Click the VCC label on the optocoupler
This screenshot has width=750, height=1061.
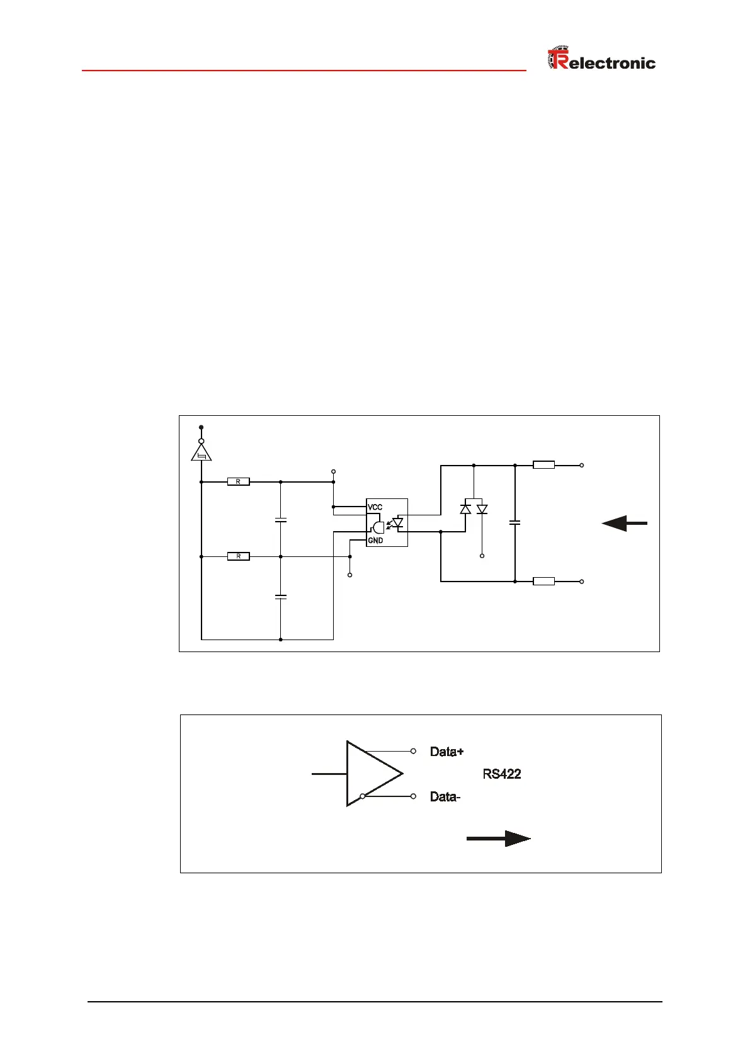pyautogui.click(x=375, y=507)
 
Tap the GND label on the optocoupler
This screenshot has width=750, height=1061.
pyautogui.click(x=375, y=541)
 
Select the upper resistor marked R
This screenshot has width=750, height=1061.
pyautogui.click(x=238, y=482)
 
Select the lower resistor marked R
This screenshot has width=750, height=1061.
pyautogui.click(x=238, y=556)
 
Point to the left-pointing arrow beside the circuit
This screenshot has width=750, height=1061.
pyautogui.click(x=624, y=524)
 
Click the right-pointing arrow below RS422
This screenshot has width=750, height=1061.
pyautogui.click(x=499, y=839)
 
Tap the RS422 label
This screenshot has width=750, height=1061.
pyautogui.click(x=502, y=774)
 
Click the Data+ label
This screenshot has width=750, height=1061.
pyautogui.click(x=446, y=752)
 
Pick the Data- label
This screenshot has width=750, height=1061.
pyautogui.click(x=445, y=797)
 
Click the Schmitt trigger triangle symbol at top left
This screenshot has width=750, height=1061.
pyautogui.click(x=202, y=452)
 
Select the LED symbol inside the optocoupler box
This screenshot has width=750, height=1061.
pyautogui.click(x=397, y=522)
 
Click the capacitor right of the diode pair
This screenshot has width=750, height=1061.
pyautogui.click(x=515, y=522)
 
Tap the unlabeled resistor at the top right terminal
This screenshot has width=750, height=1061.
pyautogui.click(x=543, y=466)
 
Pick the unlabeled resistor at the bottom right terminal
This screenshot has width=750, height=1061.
pyautogui.click(x=543, y=582)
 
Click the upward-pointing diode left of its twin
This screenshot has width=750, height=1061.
pyautogui.click(x=465, y=509)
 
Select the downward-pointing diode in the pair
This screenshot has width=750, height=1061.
pyautogui.click(x=482, y=509)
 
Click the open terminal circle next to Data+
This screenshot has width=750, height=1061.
pyautogui.click(x=413, y=751)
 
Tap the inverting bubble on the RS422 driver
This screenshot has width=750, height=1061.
pyautogui.click(x=363, y=796)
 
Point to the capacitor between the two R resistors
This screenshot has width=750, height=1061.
pyautogui.click(x=281, y=520)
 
